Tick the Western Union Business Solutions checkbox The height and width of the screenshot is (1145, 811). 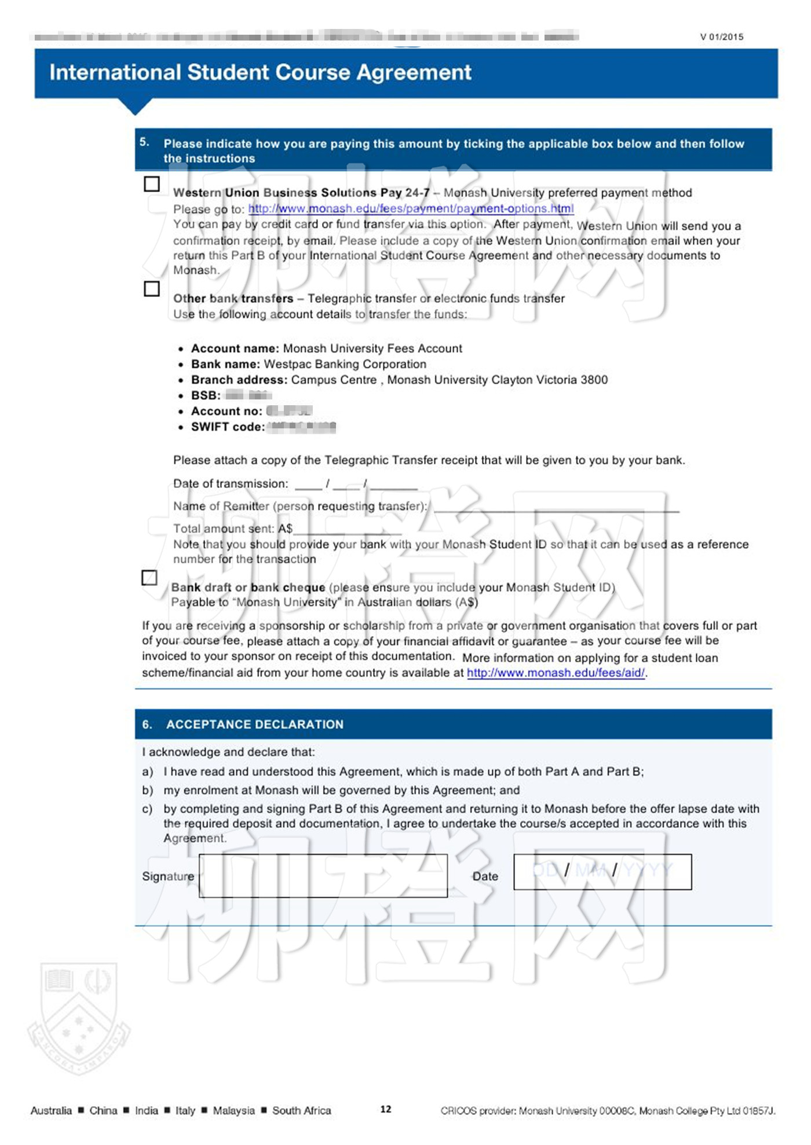[152, 184]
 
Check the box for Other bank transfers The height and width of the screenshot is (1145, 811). [152, 288]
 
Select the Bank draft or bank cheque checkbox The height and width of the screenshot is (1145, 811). [149, 577]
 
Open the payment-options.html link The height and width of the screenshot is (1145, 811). [411, 208]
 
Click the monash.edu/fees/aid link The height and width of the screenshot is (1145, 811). [556, 673]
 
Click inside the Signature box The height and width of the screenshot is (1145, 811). [323, 876]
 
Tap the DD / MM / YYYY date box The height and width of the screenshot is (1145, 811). [602, 871]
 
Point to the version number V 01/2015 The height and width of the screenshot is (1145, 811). [721, 37]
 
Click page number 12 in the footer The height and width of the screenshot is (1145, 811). [386, 1109]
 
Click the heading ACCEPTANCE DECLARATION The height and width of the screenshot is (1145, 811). [255, 724]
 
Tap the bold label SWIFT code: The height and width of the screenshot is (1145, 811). [228, 427]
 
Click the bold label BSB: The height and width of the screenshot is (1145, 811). [206, 395]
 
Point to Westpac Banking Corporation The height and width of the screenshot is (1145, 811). [345, 364]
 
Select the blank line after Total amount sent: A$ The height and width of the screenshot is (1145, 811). [348, 530]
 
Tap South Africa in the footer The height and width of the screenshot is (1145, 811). [301, 1110]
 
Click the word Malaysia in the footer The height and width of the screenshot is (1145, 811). [233, 1110]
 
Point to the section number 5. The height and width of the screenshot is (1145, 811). [144, 142]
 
